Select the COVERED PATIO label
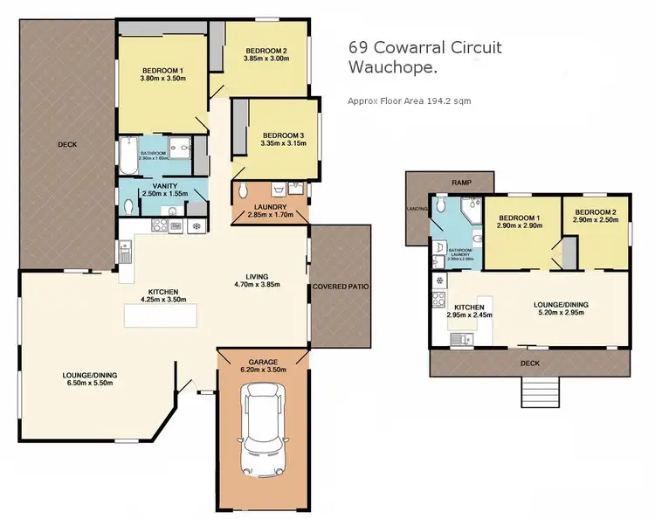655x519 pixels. pyautogui.click(x=341, y=287)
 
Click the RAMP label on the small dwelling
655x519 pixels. pyautogui.click(x=460, y=183)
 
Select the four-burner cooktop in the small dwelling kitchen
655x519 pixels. pyautogui.click(x=438, y=302)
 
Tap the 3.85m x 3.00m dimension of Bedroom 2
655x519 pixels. pyautogui.click(x=265, y=59)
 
